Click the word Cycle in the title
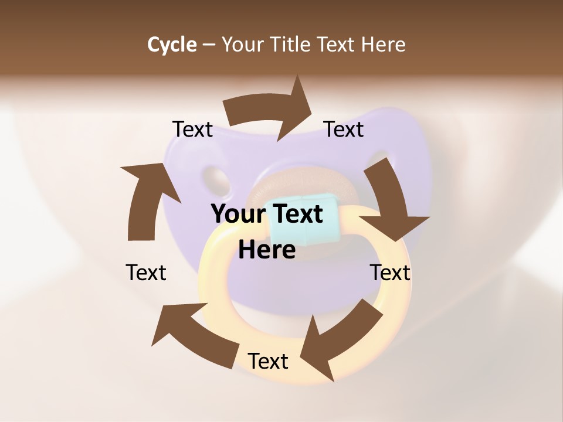(x=172, y=45)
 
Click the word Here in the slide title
(x=384, y=45)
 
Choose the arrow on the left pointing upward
(x=147, y=199)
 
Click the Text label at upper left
(x=192, y=130)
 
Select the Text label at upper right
(x=344, y=130)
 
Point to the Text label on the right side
(x=390, y=273)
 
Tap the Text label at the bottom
(x=268, y=361)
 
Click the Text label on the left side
(x=146, y=273)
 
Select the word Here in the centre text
(x=267, y=250)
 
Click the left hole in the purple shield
(x=215, y=179)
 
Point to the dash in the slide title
(x=209, y=45)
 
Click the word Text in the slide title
(x=337, y=45)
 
